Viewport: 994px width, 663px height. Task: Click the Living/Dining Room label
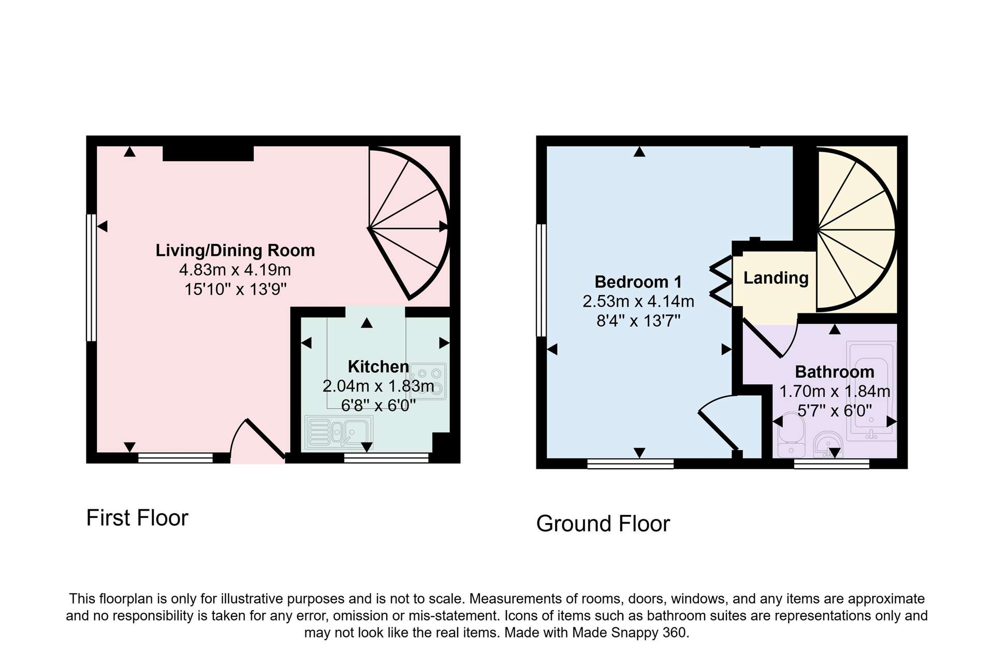coord(235,251)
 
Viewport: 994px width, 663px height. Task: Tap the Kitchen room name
coord(378,367)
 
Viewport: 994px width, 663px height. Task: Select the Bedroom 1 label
coord(638,282)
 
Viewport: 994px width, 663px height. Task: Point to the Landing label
coord(776,278)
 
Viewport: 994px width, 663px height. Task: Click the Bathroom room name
coord(835,372)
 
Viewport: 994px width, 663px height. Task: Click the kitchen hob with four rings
coord(428,381)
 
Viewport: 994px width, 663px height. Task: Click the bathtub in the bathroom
coord(871,391)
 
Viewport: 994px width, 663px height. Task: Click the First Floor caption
coord(137,518)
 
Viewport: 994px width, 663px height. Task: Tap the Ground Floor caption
coord(603,524)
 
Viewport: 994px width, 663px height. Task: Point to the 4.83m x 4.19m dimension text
coord(235,270)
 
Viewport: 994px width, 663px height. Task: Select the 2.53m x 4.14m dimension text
coord(638,301)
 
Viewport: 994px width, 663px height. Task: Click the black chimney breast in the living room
coord(208,153)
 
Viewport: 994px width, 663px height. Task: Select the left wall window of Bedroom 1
coord(541,280)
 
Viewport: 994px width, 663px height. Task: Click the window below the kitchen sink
coord(386,457)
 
